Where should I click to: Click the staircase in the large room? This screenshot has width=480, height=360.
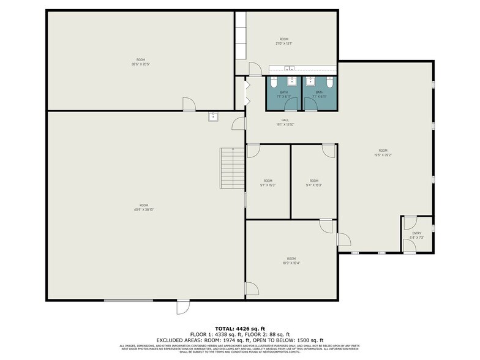tap(233, 168)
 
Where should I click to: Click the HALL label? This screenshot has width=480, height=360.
tap(285, 120)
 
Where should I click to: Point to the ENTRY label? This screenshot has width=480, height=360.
tap(416, 233)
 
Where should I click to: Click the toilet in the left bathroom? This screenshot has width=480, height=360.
tap(275, 81)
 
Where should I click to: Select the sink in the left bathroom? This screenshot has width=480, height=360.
tap(292, 80)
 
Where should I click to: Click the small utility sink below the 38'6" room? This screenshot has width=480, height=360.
tap(213, 116)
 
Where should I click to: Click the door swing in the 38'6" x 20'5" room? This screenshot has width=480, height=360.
tap(190, 105)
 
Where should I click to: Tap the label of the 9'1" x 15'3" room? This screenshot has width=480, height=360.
tap(268, 182)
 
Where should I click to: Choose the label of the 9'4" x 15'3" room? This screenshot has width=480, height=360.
tap(313, 182)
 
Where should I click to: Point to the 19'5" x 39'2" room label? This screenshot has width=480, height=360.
tap(383, 152)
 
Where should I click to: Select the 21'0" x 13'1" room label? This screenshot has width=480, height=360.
tap(283, 41)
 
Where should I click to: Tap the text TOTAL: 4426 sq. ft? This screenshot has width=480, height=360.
tap(239, 328)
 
